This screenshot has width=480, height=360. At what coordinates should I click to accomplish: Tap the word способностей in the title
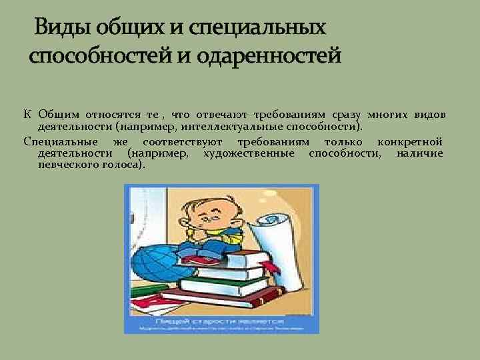(x=101, y=55)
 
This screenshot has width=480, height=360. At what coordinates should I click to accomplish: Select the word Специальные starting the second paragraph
(x=61, y=142)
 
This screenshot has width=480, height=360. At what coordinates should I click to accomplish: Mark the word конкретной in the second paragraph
(x=409, y=142)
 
